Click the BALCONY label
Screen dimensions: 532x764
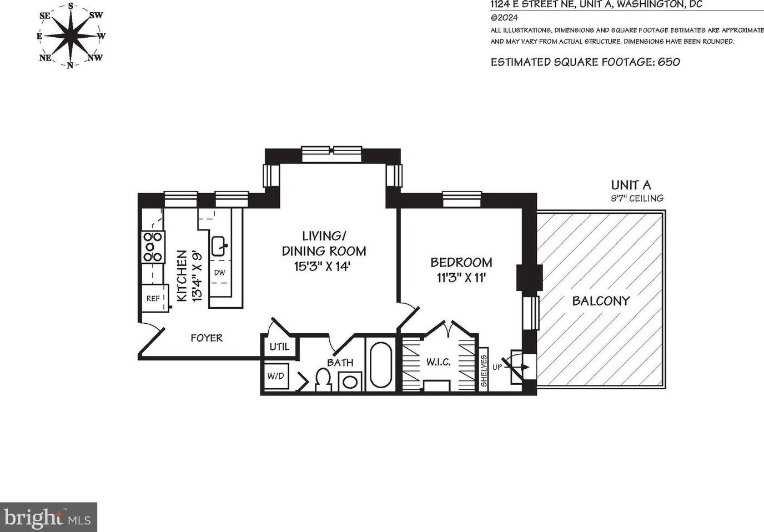tap(601, 301)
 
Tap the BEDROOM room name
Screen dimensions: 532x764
tap(461, 262)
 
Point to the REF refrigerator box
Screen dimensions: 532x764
tap(154, 298)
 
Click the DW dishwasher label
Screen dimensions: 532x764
tap(219, 273)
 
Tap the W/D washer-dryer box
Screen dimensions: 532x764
tap(276, 376)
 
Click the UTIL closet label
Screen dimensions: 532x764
tap(279, 347)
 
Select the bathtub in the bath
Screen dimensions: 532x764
tap(381, 364)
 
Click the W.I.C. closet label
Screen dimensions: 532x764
tap(438, 362)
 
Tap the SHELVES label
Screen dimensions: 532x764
tap(484, 371)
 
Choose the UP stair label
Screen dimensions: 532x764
tap(497, 367)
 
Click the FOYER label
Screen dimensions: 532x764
tap(207, 338)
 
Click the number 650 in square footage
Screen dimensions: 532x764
tap(668, 62)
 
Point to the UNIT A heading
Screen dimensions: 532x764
tap(631, 185)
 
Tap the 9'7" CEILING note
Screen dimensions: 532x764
tap(637, 198)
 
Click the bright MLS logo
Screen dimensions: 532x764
tap(48, 518)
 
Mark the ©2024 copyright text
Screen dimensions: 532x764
tap(504, 18)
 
